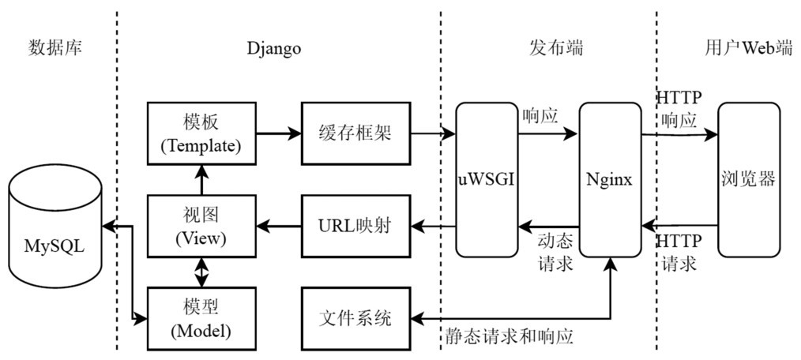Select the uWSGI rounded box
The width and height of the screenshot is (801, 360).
(486, 179)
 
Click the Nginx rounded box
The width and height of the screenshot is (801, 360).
(609, 179)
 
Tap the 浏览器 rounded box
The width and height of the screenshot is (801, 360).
(748, 179)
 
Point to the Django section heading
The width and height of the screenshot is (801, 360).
(273, 48)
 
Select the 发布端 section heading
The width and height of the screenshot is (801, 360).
(555, 48)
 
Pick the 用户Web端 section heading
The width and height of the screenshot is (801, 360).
(747, 48)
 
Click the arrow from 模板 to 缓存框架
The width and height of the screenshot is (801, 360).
(279, 133)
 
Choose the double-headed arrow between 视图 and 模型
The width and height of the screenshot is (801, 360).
(202, 272)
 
